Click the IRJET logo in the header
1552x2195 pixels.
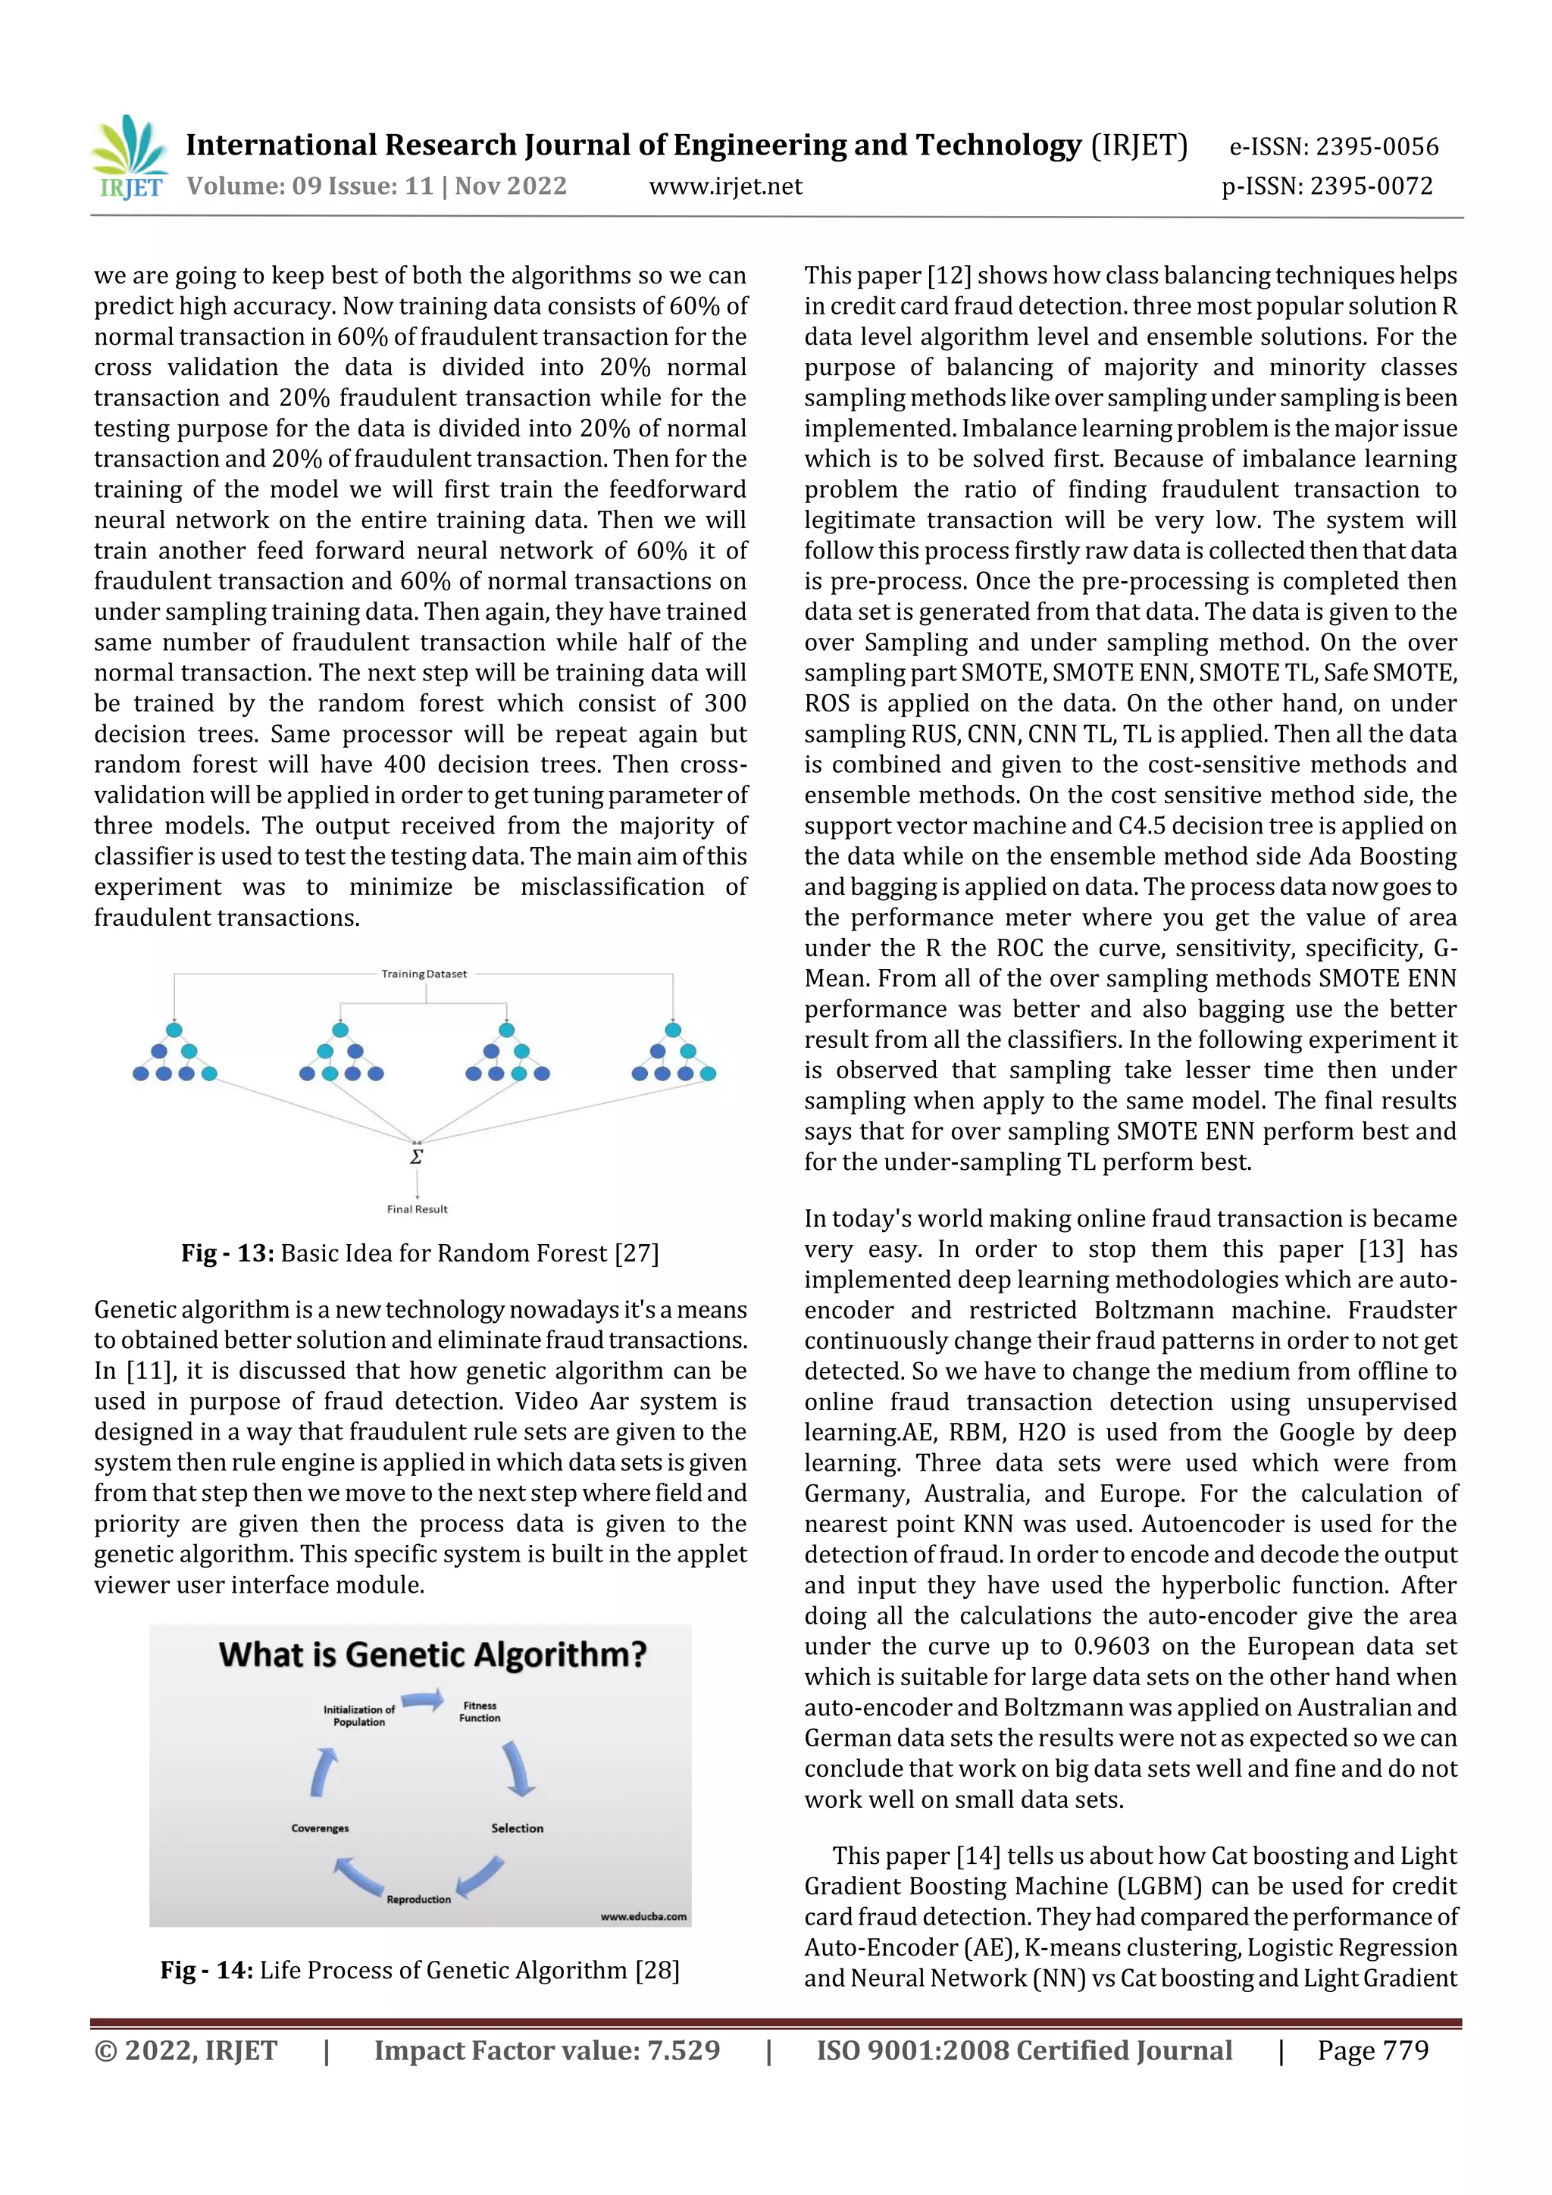[127, 158]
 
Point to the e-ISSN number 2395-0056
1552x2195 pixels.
[1376, 146]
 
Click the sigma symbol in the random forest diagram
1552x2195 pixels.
[416, 1157]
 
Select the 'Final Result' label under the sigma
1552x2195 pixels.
[417, 1209]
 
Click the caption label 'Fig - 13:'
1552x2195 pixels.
[227, 1253]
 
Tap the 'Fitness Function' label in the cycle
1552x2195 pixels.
[480, 1712]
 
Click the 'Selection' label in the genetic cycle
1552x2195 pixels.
[518, 1828]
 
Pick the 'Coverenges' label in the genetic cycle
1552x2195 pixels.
[321, 1828]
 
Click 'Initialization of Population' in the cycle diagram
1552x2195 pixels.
[358, 1715]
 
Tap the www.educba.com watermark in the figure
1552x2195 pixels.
[643, 1916]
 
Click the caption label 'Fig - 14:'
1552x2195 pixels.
[205, 1970]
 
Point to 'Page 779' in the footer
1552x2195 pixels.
[1372, 2050]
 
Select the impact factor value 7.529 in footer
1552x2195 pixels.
[684, 2050]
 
